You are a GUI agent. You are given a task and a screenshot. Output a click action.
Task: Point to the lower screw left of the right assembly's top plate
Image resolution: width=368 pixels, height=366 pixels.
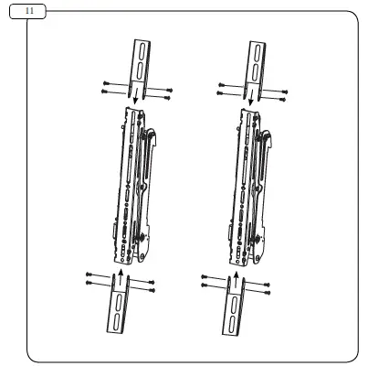point(221,92)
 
